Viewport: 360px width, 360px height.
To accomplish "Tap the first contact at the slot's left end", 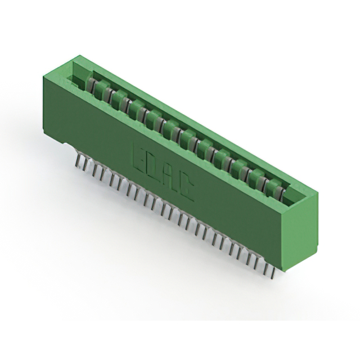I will click(x=90, y=85).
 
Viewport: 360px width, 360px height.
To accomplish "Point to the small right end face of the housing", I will click(x=301, y=231).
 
